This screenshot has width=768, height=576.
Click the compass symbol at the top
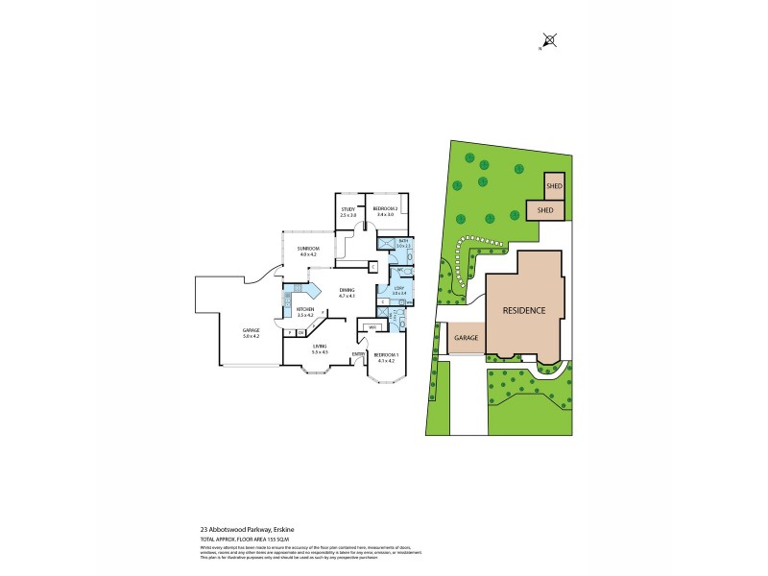pos(548,40)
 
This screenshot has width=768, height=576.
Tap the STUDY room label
pos(348,210)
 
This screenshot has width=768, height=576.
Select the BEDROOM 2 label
pos(386,210)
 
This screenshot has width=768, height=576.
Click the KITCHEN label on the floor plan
pos(306,309)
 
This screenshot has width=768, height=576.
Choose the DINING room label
pos(347,291)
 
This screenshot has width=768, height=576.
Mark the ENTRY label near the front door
pos(357,354)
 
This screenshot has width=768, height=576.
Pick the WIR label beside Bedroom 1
pos(372,328)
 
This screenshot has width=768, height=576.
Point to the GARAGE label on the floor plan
pos(252,330)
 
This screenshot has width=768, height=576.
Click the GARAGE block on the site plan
pos(467,338)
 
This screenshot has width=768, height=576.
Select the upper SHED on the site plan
pos(554,185)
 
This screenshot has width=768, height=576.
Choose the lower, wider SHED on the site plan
pos(545,209)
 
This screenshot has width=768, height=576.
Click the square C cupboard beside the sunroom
pos(372,267)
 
